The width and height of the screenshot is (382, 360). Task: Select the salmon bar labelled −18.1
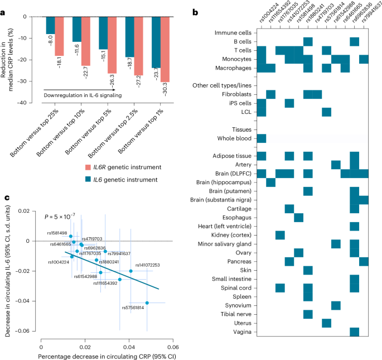59,36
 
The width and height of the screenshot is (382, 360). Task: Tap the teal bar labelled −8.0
50,25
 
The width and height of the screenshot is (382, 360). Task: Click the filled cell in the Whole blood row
262,137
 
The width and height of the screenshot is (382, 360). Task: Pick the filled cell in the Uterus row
326,323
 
